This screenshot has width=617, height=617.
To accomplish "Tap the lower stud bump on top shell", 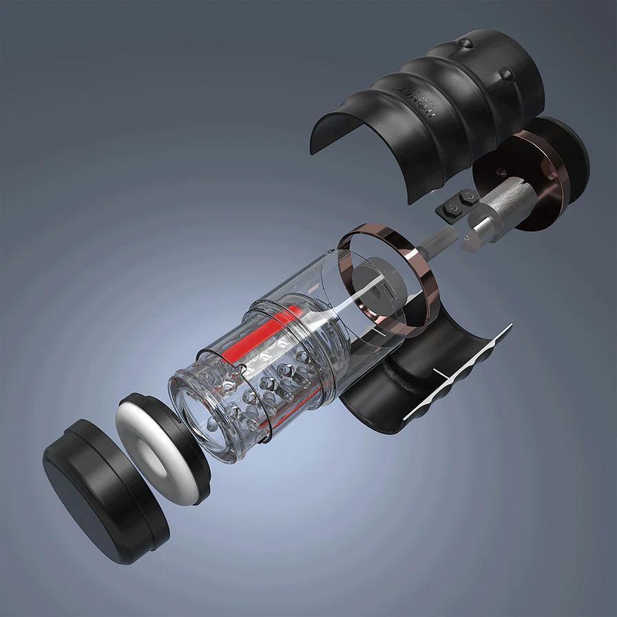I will (505, 74).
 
